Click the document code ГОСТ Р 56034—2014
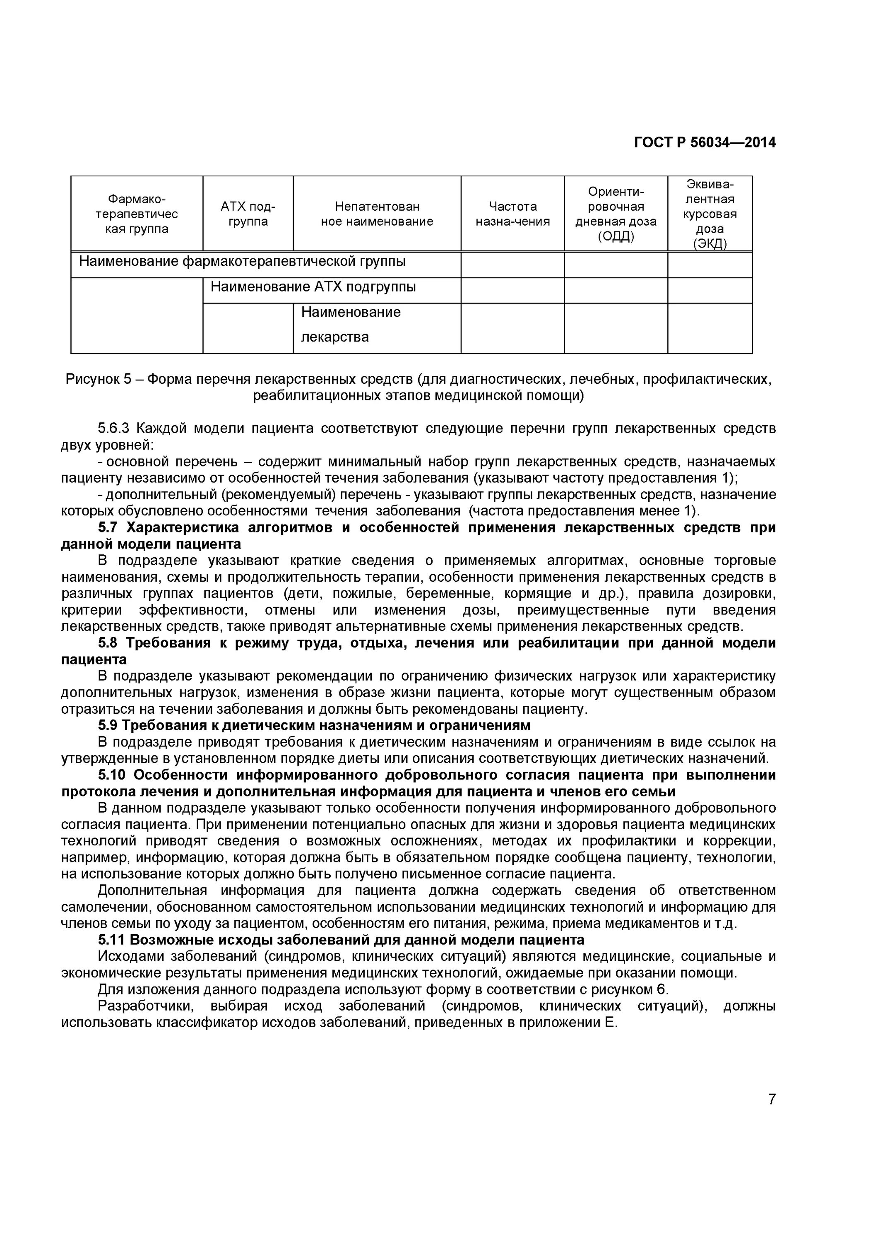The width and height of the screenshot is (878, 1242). pos(705,142)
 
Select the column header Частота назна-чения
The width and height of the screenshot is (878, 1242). pos(512,214)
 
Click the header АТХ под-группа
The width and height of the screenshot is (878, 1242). pos(248,214)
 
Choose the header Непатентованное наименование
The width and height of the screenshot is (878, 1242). pos(377,214)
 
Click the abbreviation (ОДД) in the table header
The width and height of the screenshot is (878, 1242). pos(616,236)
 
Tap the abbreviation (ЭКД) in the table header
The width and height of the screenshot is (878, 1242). pos(710,243)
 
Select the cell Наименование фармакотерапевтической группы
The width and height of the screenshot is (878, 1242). pos(242,262)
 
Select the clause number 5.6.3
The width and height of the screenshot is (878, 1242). pos(113,429)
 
